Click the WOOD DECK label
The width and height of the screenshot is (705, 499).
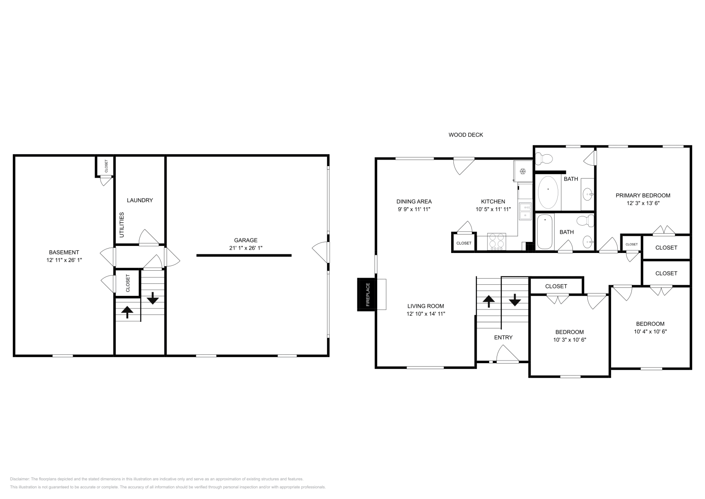pos(466,135)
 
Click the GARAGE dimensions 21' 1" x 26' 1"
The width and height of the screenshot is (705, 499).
pos(245,248)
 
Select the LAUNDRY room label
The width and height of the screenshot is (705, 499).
pos(140,200)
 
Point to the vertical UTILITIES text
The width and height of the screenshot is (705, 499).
pos(122,224)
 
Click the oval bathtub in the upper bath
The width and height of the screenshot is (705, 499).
pos(548,193)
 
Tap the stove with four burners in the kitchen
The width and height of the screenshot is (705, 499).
pos(497,242)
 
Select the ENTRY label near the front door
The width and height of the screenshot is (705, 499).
pos(503,337)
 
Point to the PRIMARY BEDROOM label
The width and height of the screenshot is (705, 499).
pos(643,195)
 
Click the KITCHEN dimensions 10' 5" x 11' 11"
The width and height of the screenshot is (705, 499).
pos(493,209)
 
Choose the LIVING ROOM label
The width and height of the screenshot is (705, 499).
pos(425,306)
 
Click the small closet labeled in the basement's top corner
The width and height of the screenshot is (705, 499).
pos(106,166)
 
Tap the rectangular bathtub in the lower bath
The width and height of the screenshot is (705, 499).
pos(545,231)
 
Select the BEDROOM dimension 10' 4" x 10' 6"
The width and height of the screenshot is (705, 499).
pos(650,331)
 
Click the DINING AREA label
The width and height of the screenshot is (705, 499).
pos(414,201)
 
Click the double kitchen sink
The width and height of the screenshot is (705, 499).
pos(525,211)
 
